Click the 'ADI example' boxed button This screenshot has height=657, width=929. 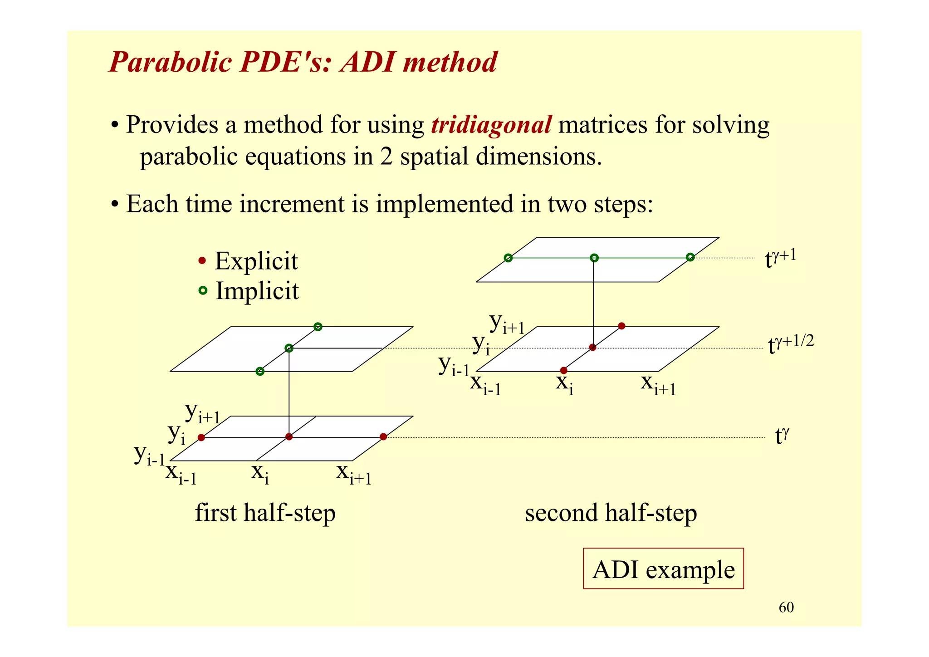(663, 569)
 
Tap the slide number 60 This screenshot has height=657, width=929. (786, 608)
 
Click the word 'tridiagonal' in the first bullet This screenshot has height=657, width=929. (491, 125)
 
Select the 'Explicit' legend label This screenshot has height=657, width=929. (256, 261)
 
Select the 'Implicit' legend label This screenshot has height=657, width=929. (257, 291)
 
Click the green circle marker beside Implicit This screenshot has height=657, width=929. (203, 290)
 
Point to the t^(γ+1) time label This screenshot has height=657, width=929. (780, 259)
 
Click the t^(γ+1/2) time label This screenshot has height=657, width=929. (791, 344)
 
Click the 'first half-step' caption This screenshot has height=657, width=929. (265, 513)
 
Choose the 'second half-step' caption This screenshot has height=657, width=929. (611, 513)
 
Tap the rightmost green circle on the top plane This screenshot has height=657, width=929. (690, 257)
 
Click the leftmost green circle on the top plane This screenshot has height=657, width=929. (508, 258)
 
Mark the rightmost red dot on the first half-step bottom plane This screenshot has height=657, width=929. (383, 436)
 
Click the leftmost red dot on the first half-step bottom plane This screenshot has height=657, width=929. (201, 437)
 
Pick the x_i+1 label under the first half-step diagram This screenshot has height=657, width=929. (354, 474)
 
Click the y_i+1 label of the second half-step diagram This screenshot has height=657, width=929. (507, 323)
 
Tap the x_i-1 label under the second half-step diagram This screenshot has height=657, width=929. (485, 384)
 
